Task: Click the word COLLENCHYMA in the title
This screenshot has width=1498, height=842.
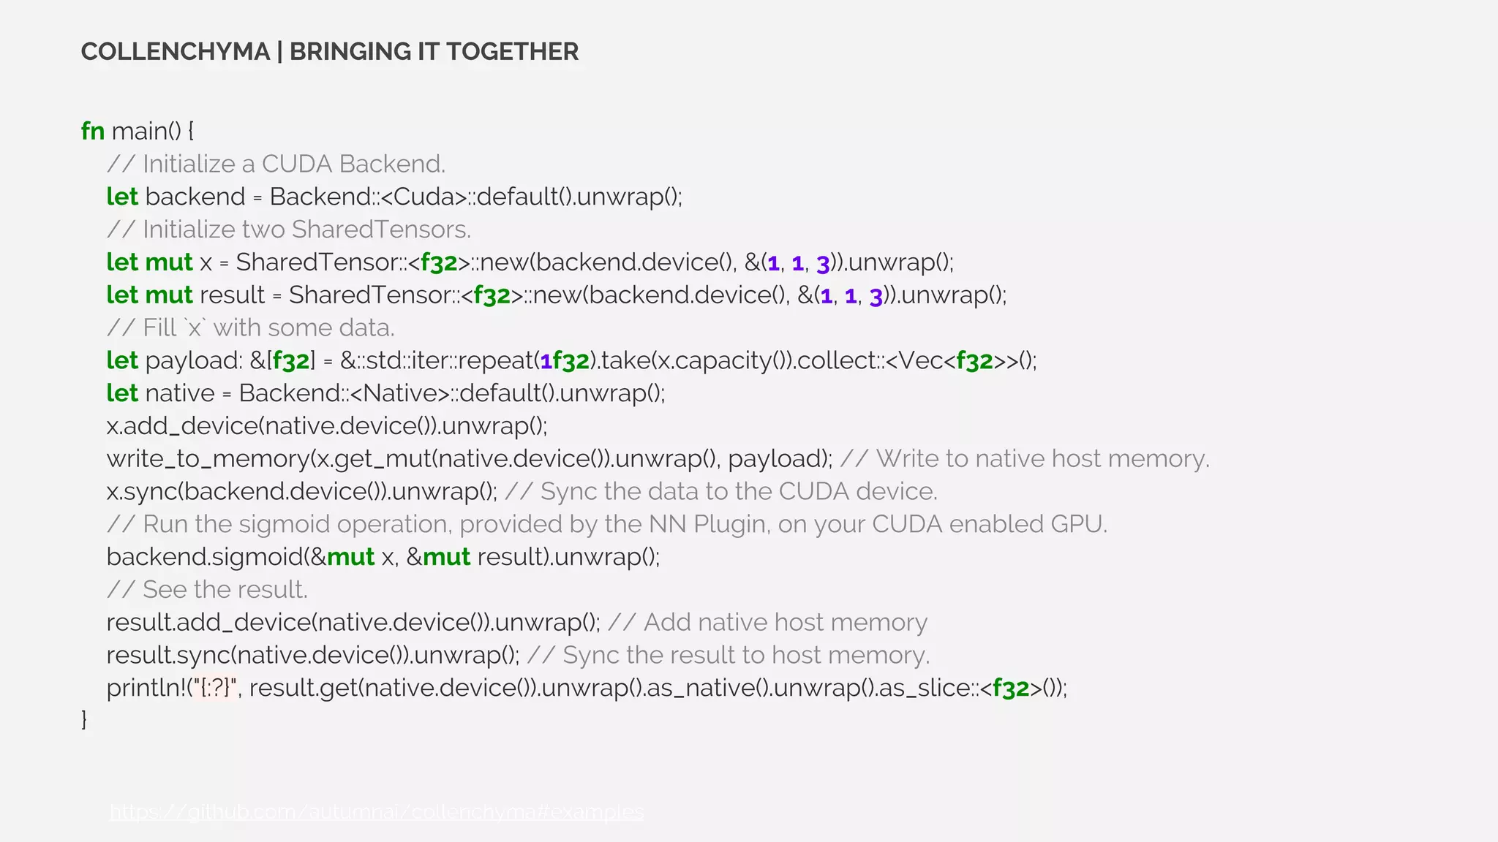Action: pyautogui.click(x=176, y=52)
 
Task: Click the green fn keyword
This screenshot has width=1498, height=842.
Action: pyautogui.click(x=93, y=131)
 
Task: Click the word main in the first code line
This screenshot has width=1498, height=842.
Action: pyautogui.click(x=138, y=131)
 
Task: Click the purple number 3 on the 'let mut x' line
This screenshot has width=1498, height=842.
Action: pyautogui.click(x=823, y=262)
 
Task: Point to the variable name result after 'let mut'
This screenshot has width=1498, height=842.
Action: pyautogui.click(x=232, y=295)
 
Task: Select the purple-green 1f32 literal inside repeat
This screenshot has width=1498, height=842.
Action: pyautogui.click(x=565, y=360)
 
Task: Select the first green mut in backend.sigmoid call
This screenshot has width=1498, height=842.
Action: pyautogui.click(x=350, y=557)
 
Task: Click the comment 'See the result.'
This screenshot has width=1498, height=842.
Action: pyautogui.click(x=225, y=590)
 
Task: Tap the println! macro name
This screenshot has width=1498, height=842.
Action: pyautogui.click(x=146, y=688)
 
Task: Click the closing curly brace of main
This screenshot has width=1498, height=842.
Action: pyautogui.click(x=84, y=720)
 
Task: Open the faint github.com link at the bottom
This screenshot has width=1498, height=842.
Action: pyautogui.click(x=377, y=811)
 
